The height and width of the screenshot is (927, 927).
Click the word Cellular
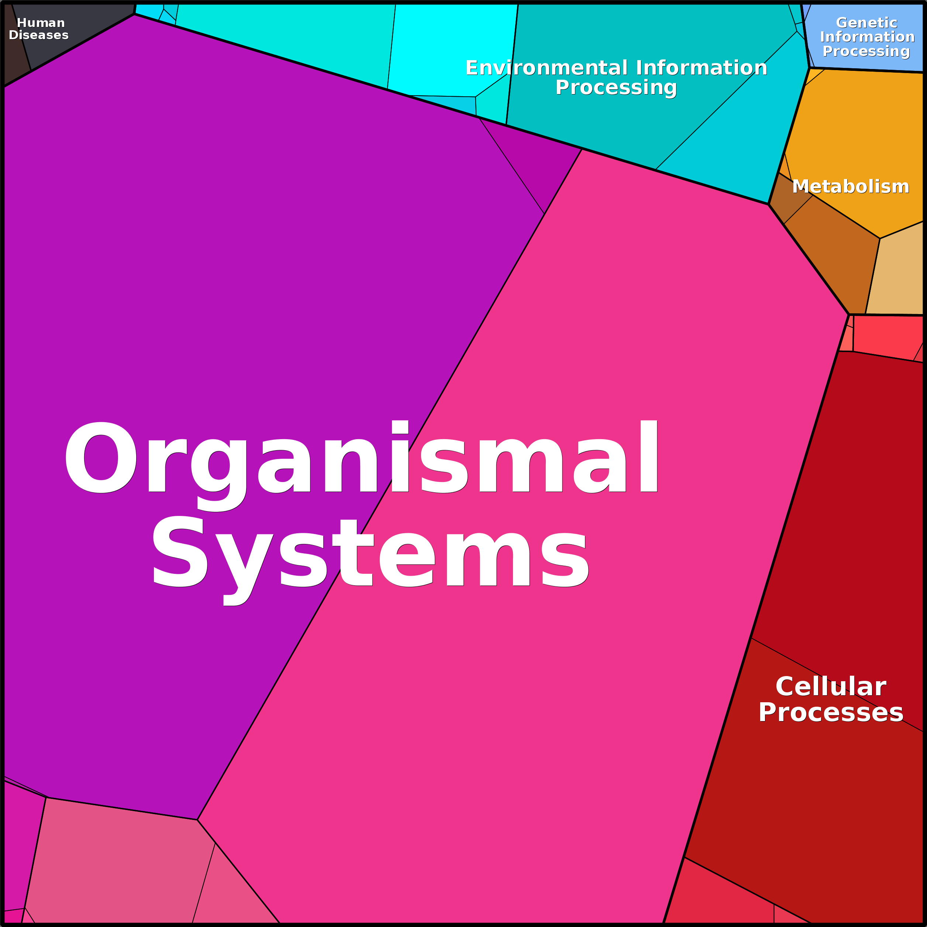831,687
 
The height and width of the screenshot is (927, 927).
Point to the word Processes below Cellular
831,713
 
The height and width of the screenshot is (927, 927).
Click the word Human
41,23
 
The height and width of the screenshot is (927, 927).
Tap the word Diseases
38,35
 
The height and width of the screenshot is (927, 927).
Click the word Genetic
866,23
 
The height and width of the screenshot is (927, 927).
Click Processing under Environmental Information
616,88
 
